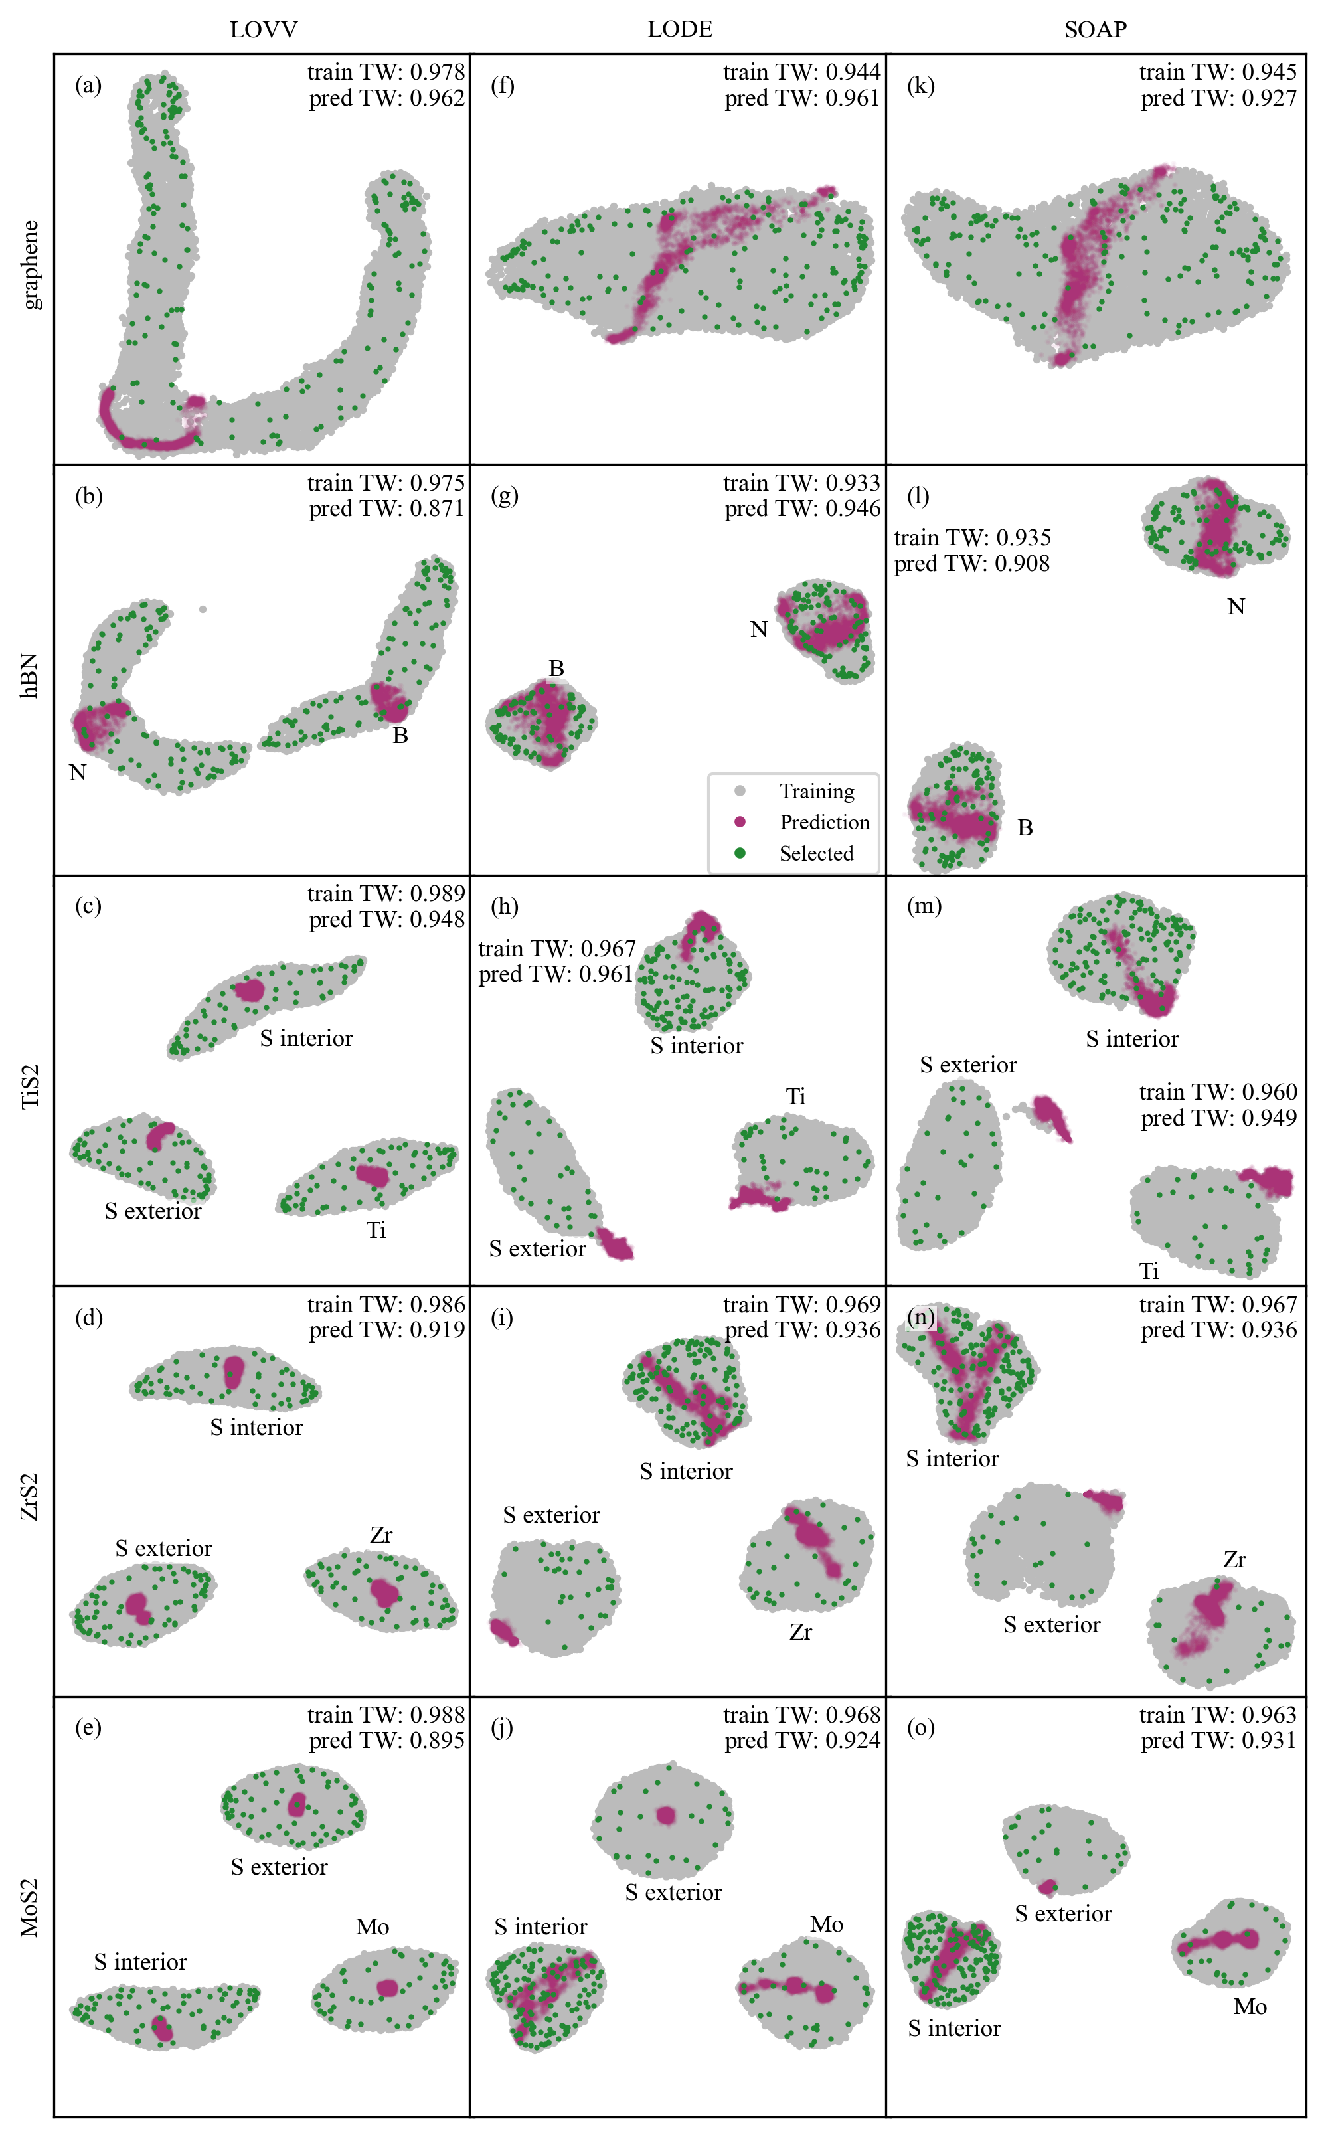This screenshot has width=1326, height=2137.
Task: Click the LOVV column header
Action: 263,30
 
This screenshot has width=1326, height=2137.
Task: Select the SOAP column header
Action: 1096,30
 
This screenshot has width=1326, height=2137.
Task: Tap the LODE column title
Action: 680,30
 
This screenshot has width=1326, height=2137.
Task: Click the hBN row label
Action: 31,675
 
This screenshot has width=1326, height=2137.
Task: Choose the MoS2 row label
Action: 31,1907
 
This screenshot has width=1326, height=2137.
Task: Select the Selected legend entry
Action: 793,853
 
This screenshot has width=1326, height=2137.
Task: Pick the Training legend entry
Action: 793,791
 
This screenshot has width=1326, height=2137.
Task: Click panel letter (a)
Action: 88,85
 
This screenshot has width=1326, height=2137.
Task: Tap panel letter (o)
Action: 921,1727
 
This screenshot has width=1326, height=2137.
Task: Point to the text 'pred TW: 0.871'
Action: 386,509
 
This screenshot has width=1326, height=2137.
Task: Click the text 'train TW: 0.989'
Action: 386,894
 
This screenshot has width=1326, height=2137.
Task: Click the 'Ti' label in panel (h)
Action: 795,1096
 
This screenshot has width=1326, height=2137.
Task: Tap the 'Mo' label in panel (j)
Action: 826,1924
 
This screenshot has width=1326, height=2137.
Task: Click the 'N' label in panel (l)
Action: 1236,607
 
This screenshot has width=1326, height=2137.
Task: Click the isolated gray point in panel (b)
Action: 203,608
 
